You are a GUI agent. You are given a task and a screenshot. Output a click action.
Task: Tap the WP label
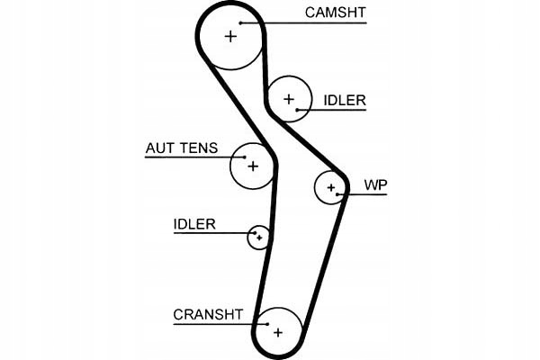pyautogui.click(x=374, y=185)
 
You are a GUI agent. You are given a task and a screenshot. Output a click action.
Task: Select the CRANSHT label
pyautogui.click(x=208, y=314)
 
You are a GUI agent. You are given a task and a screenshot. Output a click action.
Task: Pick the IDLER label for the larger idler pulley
pyautogui.click(x=344, y=101)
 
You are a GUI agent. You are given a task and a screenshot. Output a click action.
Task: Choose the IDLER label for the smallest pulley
pyautogui.click(x=194, y=224)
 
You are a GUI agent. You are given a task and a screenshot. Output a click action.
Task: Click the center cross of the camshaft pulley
pyautogui.click(x=230, y=36)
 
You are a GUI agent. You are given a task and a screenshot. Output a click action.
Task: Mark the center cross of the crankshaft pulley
pyautogui.click(x=278, y=332)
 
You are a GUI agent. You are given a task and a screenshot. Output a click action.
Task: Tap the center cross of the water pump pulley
pyautogui.click(x=331, y=187)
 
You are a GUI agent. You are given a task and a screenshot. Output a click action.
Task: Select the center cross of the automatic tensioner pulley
pyautogui.click(x=253, y=166)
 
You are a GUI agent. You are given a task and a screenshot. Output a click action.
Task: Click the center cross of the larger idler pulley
pyautogui.click(x=289, y=98)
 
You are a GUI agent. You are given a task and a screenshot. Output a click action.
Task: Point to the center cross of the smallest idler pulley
pyautogui.click(x=259, y=237)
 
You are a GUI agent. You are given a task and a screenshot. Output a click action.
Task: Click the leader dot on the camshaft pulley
pyautogui.click(x=241, y=22)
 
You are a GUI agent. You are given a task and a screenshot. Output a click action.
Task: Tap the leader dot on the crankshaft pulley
pyautogui.click(x=266, y=322)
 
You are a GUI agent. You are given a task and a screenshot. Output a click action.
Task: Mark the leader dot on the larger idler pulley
pyautogui.click(x=299, y=109)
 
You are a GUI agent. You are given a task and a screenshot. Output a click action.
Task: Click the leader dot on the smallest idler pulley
pyautogui.click(x=255, y=232)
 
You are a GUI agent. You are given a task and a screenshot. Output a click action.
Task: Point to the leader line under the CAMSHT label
pyautogui.click(x=315, y=22)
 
